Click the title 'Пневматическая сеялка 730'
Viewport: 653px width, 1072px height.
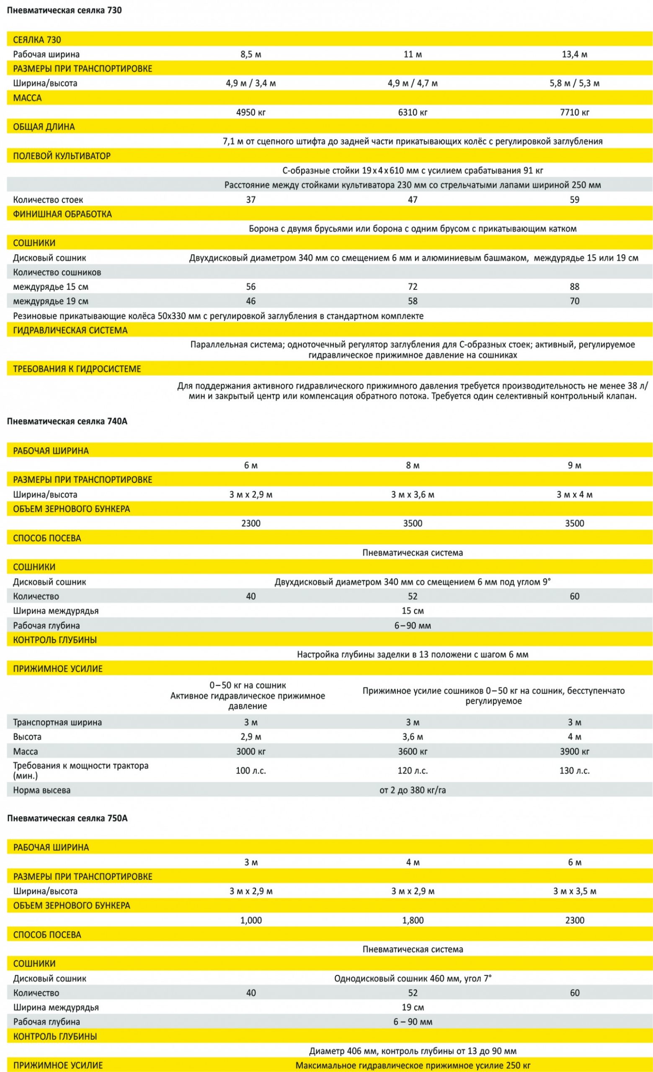[64, 10]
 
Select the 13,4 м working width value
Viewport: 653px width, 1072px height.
[574, 54]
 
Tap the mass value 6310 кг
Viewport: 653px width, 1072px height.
[412, 112]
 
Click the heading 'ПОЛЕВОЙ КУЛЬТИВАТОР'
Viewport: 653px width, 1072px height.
[61, 156]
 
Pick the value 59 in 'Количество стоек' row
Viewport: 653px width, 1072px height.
[574, 200]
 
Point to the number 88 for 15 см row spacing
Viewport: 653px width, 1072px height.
[574, 287]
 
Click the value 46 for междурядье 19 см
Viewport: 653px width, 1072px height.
[250, 301]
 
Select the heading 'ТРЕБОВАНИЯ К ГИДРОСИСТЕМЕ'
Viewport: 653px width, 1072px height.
[77, 369]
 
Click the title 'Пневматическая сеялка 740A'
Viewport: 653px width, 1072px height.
[67, 421]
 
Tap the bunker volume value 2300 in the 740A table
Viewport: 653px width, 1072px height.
[250, 523]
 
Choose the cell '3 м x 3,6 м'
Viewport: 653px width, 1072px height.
[412, 495]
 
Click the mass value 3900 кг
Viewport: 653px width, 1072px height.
[574, 751]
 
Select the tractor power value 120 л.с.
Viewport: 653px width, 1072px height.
[412, 770]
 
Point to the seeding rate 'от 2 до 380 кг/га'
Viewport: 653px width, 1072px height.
[412, 790]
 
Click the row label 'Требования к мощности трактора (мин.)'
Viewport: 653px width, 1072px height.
[80, 770]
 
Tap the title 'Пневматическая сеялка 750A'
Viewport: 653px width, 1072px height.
[67, 818]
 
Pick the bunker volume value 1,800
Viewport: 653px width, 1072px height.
[412, 920]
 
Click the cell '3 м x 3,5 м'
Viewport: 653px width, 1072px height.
[574, 891]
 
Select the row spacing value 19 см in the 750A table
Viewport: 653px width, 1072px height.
[412, 1007]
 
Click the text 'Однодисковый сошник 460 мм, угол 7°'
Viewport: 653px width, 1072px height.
[412, 979]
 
